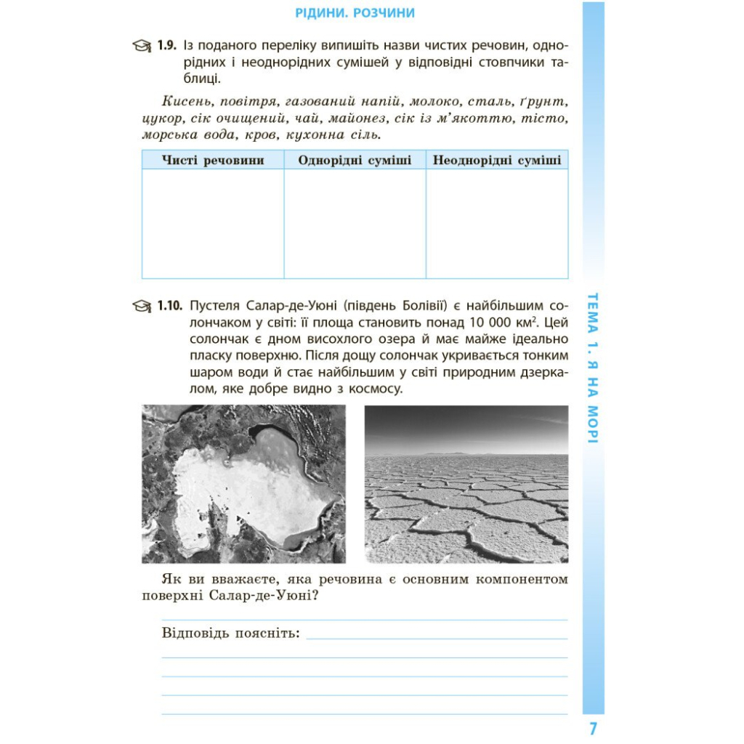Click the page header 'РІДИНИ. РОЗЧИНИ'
click(x=356, y=13)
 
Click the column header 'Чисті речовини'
click(x=213, y=160)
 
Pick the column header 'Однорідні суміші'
click(x=355, y=160)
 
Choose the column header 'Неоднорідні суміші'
click(x=497, y=160)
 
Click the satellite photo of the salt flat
click(x=243, y=484)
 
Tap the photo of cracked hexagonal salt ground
click(x=466, y=484)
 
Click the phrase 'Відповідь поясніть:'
click(x=230, y=632)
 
